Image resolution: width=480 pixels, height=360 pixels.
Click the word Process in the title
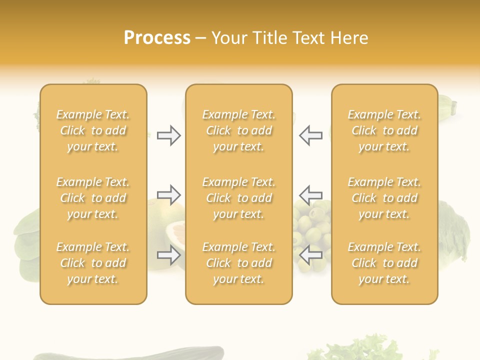[157, 38]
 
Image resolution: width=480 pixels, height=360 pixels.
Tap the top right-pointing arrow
[168, 135]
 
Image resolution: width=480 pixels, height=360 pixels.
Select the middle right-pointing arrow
[168, 194]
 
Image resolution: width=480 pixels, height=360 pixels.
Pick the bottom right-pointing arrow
[168, 255]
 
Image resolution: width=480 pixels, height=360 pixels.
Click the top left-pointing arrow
[311, 135]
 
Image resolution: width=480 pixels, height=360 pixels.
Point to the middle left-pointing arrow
[311, 194]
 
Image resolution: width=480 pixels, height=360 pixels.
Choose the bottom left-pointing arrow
[311, 255]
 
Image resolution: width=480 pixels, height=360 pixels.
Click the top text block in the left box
[93, 130]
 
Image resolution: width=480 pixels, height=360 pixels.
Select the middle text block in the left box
[93, 198]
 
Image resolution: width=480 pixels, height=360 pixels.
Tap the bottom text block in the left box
[93, 263]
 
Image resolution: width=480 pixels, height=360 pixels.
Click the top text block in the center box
[238, 130]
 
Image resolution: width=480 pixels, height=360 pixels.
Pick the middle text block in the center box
[238, 198]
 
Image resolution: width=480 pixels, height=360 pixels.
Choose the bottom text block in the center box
[238, 263]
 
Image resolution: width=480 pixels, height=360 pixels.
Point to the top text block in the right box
[384, 130]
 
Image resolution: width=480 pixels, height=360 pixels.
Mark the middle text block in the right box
[384, 198]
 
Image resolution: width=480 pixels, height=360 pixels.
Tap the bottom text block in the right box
[384, 263]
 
